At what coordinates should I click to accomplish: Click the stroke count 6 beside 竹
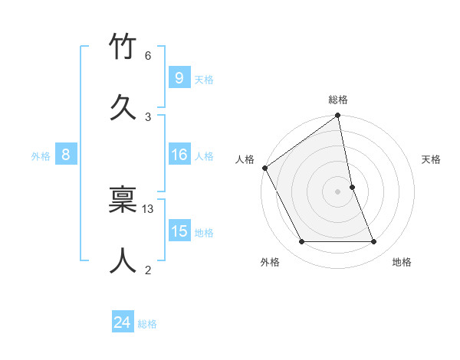pos(148,56)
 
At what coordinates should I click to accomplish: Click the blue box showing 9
pos(179,77)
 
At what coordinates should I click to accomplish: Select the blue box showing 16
pos(179,155)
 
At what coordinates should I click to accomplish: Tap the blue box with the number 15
pos(179,231)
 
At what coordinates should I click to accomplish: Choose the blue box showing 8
pos(66,155)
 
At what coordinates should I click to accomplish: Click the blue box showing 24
pos(123,323)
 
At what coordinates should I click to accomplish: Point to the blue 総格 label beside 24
pos(147,324)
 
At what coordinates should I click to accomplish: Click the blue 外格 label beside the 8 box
pos(41,156)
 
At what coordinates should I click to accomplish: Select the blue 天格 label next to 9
pos(204,79)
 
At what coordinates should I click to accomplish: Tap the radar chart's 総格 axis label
pos(338,100)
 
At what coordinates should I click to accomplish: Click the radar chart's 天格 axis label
pos(432,159)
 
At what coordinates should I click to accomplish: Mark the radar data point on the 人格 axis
pos(265,168)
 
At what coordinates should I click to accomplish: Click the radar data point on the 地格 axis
pos(374,242)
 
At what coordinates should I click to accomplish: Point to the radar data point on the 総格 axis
pos(338,116)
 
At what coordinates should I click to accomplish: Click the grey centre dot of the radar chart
pos(338,191)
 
